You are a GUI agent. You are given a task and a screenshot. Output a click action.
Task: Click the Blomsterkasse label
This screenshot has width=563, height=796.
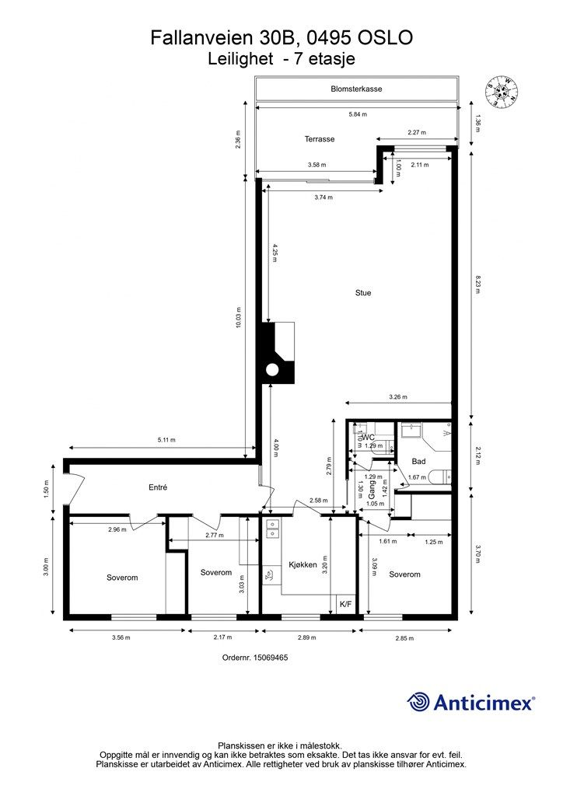pos(356,89)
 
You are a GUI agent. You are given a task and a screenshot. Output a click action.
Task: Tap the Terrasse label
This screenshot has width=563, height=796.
pos(319,139)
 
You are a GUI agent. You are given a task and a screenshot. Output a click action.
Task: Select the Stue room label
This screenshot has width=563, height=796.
pos(362,293)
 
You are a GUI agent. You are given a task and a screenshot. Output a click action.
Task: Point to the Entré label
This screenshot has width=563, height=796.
pos(159,487)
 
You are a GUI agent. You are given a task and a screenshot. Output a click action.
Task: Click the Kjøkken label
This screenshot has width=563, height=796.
pos(302,565)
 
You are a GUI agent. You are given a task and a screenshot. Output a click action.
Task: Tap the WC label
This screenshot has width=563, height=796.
pos(369,438)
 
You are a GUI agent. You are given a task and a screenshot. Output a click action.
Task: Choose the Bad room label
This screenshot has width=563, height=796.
pos(418,461)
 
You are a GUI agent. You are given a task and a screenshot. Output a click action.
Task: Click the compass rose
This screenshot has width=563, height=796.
pos(501,92)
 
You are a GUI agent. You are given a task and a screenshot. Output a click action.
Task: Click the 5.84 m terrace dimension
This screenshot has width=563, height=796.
pos(357,114)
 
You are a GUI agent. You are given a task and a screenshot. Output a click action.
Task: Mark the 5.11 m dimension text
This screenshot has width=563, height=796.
pos(166,440)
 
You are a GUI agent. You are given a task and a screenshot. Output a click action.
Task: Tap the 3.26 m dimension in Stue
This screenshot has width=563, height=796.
pos(397,397)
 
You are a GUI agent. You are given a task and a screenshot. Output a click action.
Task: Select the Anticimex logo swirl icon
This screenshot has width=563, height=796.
pos(419,702)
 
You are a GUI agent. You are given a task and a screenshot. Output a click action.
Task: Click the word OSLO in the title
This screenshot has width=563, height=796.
pos(384,37)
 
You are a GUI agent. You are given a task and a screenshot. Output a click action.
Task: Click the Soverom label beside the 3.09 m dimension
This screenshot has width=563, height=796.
pos(404,574)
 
